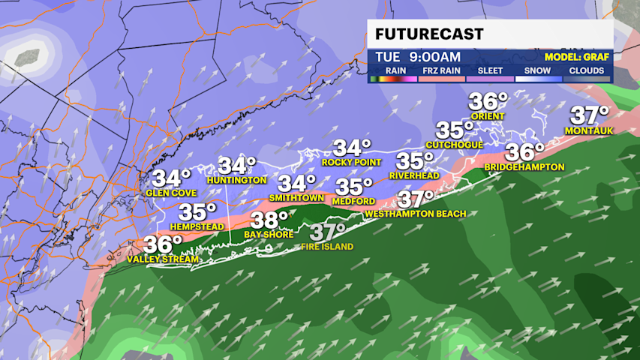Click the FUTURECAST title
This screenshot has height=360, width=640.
coord(429,34)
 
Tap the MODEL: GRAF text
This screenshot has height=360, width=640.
coord(578,56)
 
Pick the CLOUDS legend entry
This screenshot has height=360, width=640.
coord(586,71)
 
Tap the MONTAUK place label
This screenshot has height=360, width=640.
coord(589,130)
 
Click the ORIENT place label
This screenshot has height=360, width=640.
coord(488,116)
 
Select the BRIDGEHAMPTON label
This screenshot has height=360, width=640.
coord(524,166)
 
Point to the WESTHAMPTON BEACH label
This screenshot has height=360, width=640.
coord(416,214)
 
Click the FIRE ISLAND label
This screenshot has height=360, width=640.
coord(327,246)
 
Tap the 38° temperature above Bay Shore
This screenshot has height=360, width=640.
coord(269,220)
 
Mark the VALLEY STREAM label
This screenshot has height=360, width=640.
coord(163,259)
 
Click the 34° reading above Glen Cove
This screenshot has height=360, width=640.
coord(172,178)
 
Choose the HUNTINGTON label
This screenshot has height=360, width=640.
coord(238,181)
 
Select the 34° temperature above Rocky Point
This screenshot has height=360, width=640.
coord(353,148)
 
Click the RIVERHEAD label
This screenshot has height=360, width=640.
coord(414,175)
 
